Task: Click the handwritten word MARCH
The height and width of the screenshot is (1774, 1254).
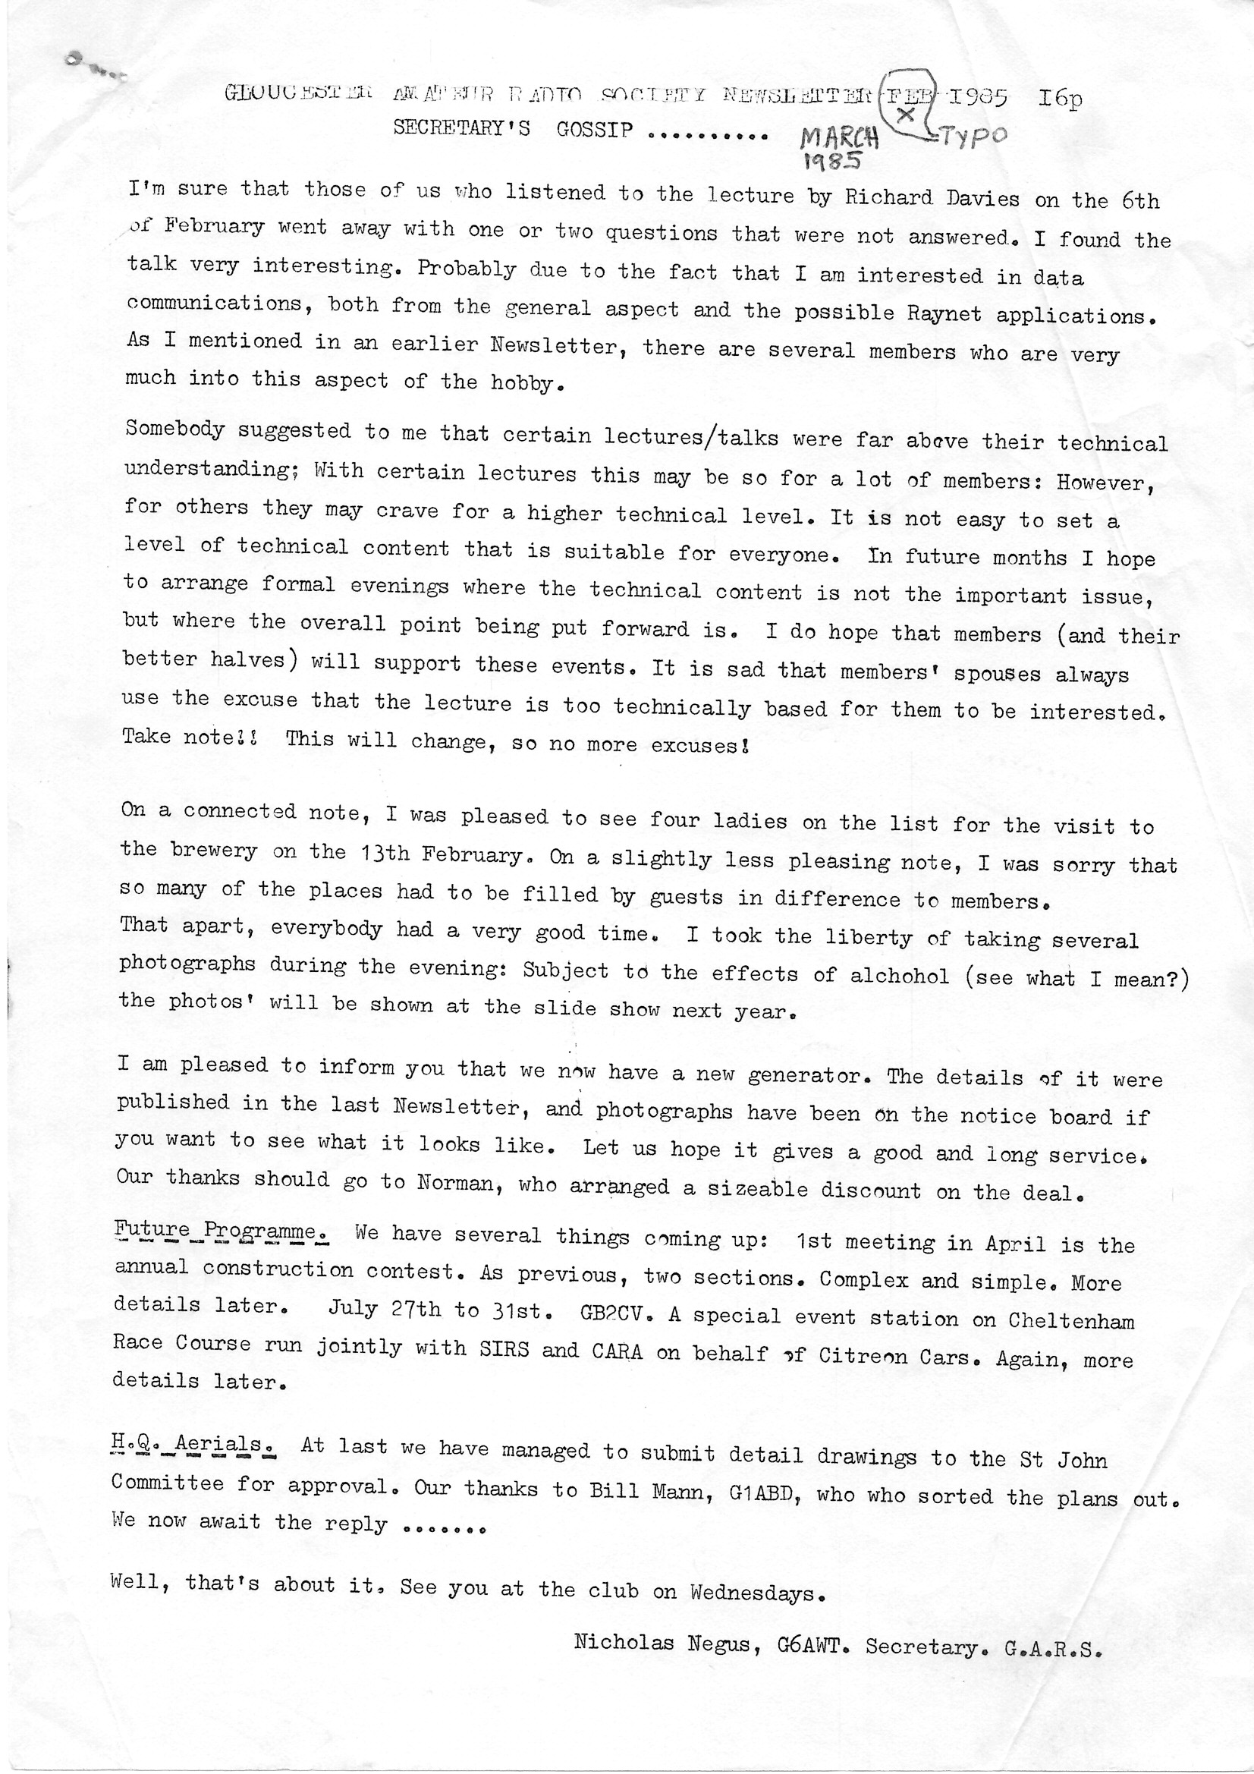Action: click(839, 138)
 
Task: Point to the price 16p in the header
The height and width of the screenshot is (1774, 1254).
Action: click(1061, 99)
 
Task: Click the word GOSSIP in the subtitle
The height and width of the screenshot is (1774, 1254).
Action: click(594, 129)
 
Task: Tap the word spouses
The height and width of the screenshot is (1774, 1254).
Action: click(997, 673)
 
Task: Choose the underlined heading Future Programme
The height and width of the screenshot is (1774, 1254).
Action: click(222, 1229)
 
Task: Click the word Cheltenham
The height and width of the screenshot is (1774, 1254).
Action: click(1071, 1319)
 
